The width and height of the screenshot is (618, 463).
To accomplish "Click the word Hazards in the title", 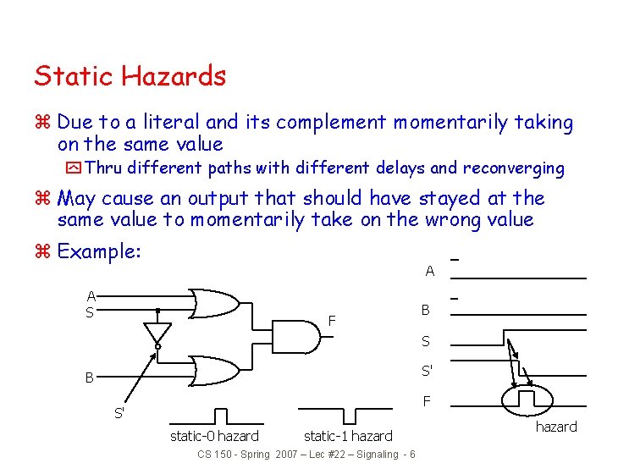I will click(x=174, y=76).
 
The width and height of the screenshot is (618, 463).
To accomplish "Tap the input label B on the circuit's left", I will click(x=89, y=378).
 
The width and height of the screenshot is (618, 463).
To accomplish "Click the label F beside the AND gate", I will click(x=333, y=321).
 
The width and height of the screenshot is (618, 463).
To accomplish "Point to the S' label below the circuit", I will click(x=119, y=414).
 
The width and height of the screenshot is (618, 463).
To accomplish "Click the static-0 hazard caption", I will click(x=214, y=436).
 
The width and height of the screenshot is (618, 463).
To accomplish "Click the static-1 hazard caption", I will click(x=348, y=436).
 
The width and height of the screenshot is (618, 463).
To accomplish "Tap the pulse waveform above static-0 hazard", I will click(x=220, y=416).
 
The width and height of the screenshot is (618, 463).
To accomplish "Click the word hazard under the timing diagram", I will click(x=556, y=427).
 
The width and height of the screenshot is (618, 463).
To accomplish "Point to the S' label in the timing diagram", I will click(x=428, y=371).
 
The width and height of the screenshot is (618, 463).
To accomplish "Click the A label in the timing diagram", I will click(x=429, y=272).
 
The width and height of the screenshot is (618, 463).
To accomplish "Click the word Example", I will click(x=98, y=252).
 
